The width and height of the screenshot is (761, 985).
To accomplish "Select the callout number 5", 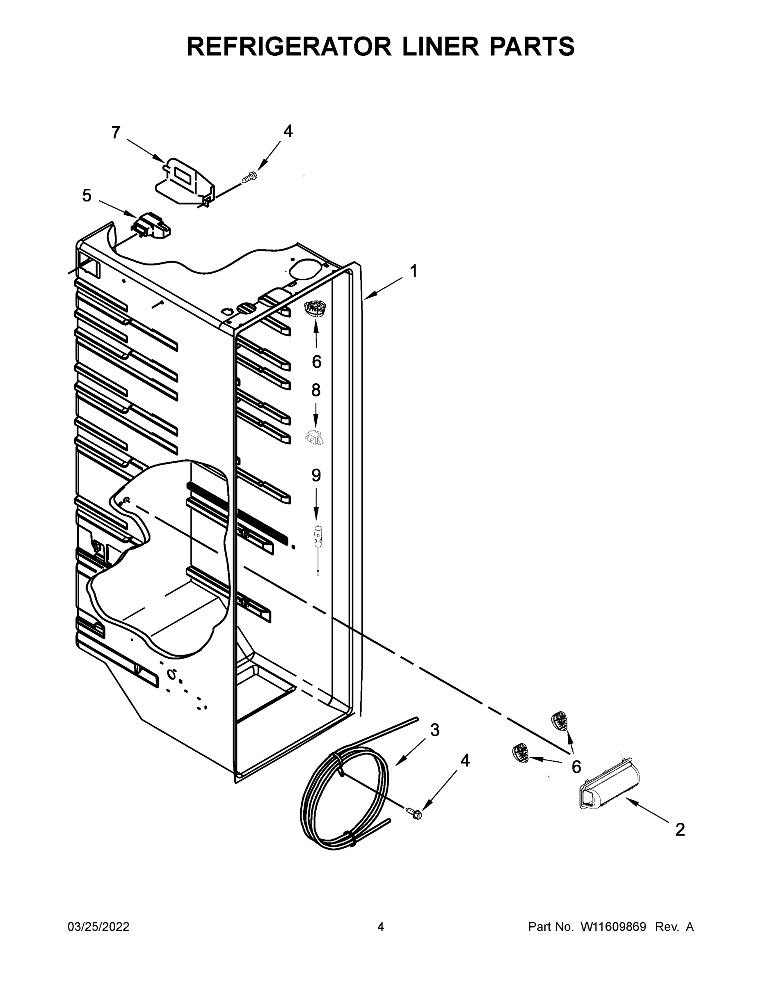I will (x=87, y=196).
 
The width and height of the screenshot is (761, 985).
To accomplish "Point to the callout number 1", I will (x=413, y=272).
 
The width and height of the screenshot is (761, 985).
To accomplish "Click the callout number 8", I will (x=315, y=390).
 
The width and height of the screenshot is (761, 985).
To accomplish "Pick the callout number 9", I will (x=316, y=475).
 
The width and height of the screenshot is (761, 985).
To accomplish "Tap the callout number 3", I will (x=434, y=730).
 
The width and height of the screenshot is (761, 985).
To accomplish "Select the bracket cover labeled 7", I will (x=185, y=181).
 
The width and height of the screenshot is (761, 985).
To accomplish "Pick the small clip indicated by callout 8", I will (x=315, y=437).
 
